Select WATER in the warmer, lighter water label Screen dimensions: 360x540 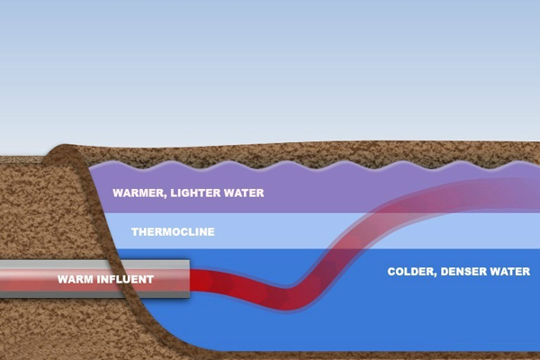pos(247,193)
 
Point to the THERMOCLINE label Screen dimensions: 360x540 pos(173,231)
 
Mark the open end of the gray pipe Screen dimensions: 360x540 pos(189,279)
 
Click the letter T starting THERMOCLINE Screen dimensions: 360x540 pos(134,231)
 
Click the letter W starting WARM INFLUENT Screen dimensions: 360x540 pos(62,279)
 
